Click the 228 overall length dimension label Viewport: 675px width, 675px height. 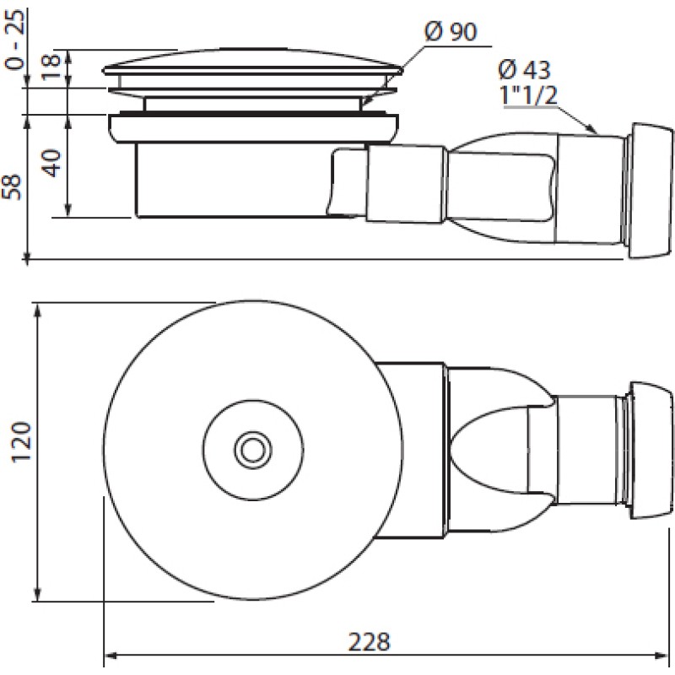pos(369,642)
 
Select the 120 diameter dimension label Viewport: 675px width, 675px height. pos(22,442)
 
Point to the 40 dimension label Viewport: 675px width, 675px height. pos(52,163)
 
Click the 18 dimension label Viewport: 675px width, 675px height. pos(51,66)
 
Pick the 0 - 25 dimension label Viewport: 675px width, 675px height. pos(15,40)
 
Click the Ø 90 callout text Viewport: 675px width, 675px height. pos(451,32)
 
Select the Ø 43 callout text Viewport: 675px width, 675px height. pos(524,70)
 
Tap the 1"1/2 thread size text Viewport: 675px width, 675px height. pos(529,94)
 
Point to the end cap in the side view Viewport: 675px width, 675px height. pos(650,191)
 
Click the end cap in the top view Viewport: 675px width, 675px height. pos(650,450)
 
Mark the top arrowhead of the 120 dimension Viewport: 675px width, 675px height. pos(38,310)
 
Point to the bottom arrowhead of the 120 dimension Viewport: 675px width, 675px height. pos(38,594)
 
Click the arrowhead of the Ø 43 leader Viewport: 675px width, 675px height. pos(592,129)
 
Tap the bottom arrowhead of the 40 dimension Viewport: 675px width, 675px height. pos(67,209)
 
